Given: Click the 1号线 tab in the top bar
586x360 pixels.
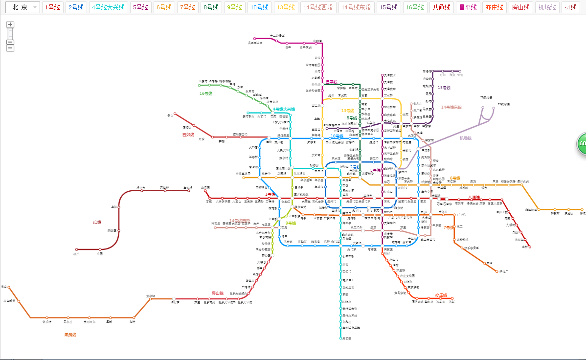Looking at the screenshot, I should coord(53,8).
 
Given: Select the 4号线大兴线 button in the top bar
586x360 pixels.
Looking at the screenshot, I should coord(109,8).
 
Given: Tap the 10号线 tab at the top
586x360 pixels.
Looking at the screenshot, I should coord(259,8).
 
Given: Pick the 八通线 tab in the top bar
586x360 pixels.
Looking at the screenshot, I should coord(442,8).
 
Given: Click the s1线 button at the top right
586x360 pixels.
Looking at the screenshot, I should coord(570,8).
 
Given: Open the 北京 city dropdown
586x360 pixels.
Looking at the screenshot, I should coord(23,8).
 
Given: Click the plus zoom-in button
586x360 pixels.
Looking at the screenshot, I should coord(10,24).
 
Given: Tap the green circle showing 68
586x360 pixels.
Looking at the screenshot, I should coord(582,143).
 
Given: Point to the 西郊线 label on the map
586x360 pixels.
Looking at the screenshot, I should coord(188,135).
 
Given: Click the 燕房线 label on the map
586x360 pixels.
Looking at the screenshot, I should coord(70,335).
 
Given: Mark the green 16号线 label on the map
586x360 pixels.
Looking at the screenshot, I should coord(205,93).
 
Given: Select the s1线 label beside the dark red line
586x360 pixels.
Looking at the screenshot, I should coord(97,223).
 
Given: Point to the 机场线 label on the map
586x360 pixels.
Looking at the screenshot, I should coord(465,138).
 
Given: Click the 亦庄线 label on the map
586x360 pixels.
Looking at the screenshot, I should coord(441,295).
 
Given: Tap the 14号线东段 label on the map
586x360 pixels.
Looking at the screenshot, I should coord(451,107).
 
